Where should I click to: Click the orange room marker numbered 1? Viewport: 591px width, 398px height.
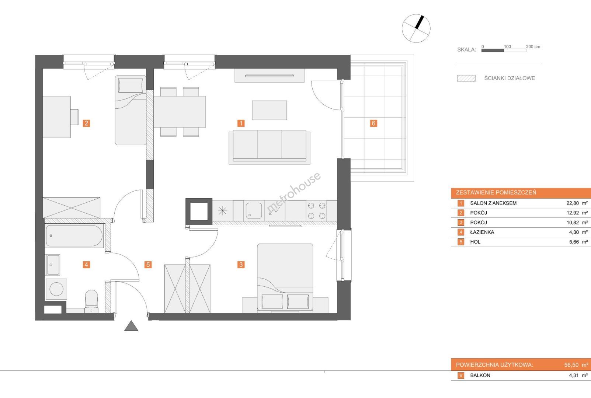[241, 123]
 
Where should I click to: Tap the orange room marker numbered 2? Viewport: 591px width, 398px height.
[86, 123]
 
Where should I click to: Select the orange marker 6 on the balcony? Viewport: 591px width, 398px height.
[373, 123]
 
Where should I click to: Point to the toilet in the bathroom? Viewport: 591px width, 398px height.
[91, 301]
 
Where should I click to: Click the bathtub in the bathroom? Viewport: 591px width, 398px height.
[74, 235]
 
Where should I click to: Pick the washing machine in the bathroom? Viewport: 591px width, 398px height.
[56, 289]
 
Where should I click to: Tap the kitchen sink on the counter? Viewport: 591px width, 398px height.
[254, 211]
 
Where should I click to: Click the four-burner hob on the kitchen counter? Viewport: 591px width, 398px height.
[317, 211]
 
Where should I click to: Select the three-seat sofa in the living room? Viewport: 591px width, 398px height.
[270, 147]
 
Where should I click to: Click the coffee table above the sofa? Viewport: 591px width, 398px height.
[270, 110]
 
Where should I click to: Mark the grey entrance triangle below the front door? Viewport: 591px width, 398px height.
[131, 326]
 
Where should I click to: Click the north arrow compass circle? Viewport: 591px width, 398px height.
[416, 28]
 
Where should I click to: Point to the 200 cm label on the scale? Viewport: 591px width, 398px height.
[533, 47]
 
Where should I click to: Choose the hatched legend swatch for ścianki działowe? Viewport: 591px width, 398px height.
[466, 78]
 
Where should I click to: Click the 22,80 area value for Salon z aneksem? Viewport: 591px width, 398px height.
[573, 203]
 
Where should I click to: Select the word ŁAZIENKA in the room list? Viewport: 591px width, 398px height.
[482, 232]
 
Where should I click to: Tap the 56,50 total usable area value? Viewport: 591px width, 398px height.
[571, 365]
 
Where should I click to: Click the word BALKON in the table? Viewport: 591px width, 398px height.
[480, 375]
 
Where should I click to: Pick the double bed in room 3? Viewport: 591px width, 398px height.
[285, 278]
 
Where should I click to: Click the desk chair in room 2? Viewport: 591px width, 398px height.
[74, 117]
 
